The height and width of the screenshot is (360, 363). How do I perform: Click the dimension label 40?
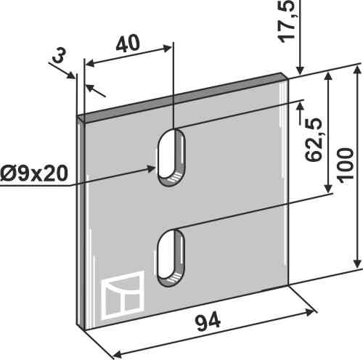[x=128, y=44]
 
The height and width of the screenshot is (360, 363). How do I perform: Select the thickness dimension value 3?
[x=59, y=55]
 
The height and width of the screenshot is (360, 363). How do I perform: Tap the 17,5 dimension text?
[x=287, y=21]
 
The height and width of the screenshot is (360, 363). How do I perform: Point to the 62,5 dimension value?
[x=314, y=139]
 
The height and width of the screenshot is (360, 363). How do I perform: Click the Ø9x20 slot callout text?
[x=34, y=173]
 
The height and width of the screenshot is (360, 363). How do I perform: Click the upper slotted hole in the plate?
[x=171, y=157]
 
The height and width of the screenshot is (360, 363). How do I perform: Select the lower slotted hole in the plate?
[x=171, y=258]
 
